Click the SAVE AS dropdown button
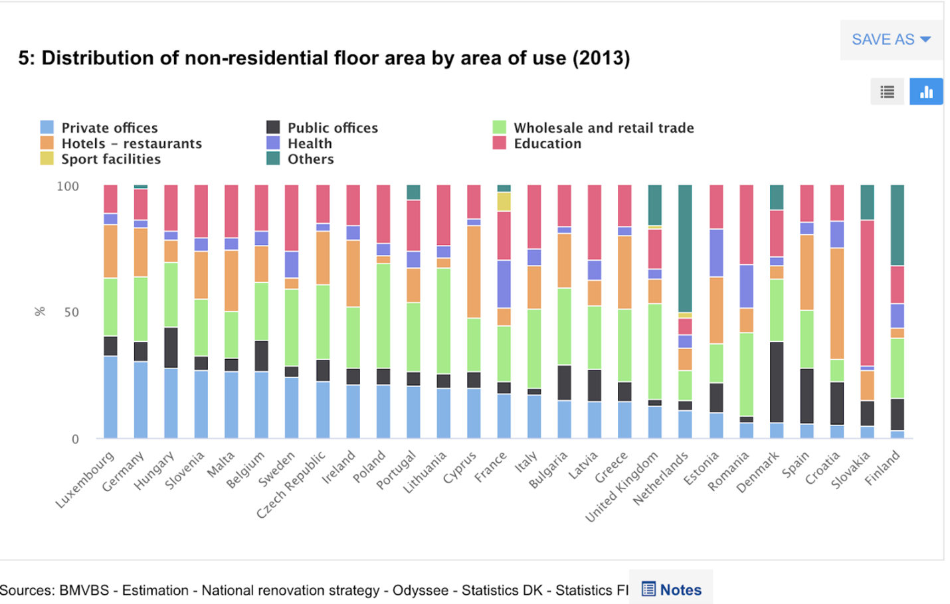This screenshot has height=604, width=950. click(890, 40)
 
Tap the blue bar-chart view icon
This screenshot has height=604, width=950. click(926, 92)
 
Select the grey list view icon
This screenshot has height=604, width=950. click(887, 92)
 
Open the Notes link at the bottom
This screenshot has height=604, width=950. click(672, 589)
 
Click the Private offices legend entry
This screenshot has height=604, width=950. click(109, 127)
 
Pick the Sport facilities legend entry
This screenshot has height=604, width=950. click(110, 159)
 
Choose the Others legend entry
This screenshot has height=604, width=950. click(310, 159)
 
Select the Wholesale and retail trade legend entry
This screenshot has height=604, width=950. click(603, 127)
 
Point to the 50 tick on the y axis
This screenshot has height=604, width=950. click(71, 313)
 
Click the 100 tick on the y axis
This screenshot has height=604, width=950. click(68, 187)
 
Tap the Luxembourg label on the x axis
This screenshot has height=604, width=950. click(84, 480)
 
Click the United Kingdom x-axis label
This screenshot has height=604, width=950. click(622, 487)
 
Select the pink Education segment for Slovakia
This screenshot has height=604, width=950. click(867, 293)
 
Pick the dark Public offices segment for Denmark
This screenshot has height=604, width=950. click(776, 382)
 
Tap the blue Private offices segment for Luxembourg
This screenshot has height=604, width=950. click(110, 397)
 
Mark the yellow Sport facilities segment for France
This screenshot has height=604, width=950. click(504, 202)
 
